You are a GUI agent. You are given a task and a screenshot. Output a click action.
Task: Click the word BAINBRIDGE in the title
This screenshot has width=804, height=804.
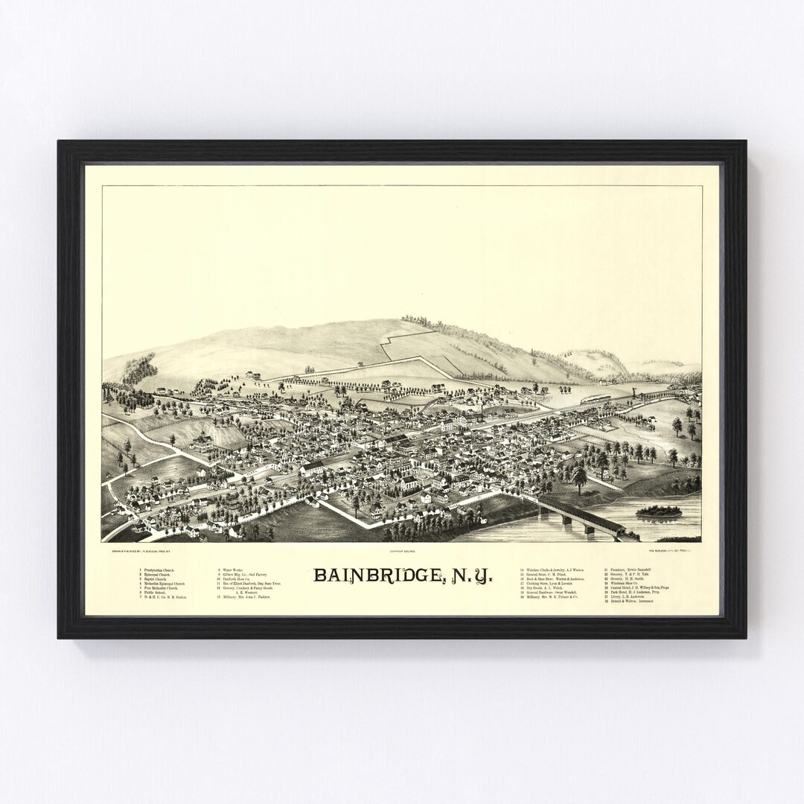coord(377,575)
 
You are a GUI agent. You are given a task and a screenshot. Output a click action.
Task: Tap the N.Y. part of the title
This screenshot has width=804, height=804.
coord(468,575)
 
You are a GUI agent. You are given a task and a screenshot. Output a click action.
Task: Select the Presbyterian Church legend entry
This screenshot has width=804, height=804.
coord(160,570)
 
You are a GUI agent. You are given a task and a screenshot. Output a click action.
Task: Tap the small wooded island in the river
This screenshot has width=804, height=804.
coord(658,511)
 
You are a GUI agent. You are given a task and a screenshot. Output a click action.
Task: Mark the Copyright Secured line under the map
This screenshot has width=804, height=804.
coord(401,552)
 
